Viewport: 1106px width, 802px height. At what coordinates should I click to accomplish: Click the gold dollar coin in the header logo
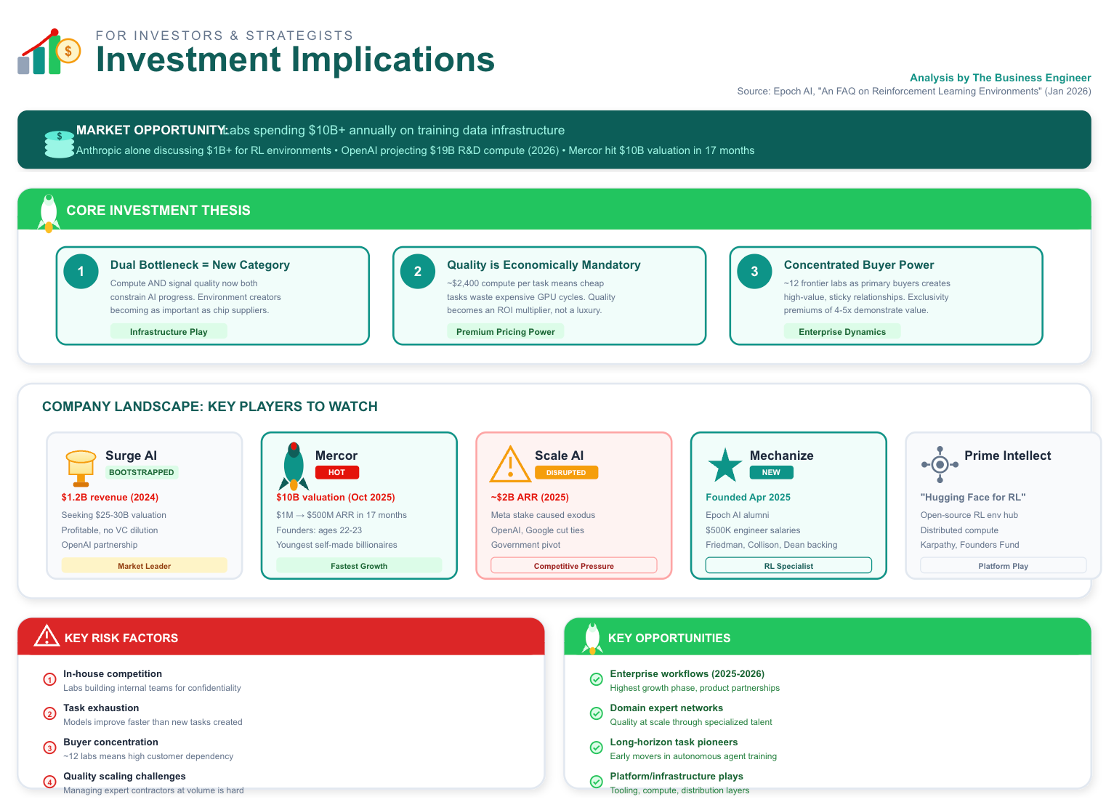click(x=68, y=51)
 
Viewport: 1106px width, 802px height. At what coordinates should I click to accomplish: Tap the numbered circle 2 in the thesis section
click(x=418, y=271)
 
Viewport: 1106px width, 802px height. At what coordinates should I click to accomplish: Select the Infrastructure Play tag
click(x=169, y=332)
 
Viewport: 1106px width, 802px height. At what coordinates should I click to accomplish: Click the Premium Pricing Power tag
click(x=505, y=332)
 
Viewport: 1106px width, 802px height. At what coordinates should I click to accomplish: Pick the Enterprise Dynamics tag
click(x=841, y=332)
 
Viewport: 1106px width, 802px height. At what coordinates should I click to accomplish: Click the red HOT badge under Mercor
click(x=336, y=472)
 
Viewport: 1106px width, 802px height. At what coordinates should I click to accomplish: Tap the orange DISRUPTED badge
click(x=566, y=472)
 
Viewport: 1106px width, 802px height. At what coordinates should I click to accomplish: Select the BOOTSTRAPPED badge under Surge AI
click(x=142, y=472)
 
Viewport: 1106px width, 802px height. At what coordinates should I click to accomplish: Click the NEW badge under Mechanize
click(x=771, y=472)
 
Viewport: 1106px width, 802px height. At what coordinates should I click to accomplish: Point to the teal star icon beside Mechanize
click(x=724, y=465)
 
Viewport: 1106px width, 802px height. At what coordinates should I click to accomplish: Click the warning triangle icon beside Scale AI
click(x=510, y=465)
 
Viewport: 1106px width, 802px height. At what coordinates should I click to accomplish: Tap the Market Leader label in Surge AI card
click(x=144, y=566)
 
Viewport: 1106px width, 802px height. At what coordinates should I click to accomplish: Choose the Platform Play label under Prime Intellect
click(x=1003, y=566)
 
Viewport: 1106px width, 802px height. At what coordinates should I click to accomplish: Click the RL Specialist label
click(x=788, y=566)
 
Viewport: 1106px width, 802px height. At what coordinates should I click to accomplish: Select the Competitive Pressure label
click(x=573, y=566)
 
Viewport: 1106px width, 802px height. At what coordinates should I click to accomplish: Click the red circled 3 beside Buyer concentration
click(x=49, y=748)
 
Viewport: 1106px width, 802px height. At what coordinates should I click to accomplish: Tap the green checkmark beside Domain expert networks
click(x=596, y=713)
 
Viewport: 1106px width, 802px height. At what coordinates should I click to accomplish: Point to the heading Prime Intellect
click(x=1007, y=455)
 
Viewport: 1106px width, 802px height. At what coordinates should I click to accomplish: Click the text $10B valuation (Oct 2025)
click(x=336, y=498)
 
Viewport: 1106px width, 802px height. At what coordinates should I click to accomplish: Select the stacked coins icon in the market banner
click(x=59, y=145)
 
